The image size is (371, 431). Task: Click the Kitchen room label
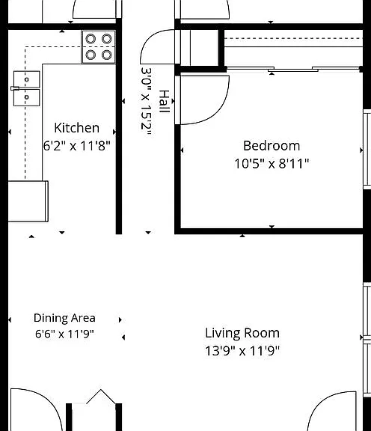[77, 128]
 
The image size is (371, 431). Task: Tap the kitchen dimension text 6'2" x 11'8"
[77, 145]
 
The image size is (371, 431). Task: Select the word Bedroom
[272, 146]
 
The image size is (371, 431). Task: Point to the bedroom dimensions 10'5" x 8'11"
[272, 164]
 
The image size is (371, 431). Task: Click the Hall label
[164, 101]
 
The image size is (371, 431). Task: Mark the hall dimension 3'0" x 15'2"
[146, 101]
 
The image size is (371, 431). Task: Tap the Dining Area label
[64, 318]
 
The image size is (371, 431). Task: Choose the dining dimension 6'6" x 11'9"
[64, 334]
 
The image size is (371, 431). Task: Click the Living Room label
[242, 333]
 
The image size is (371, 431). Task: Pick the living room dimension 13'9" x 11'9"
[242, 351]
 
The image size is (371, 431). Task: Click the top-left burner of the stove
[91, 39]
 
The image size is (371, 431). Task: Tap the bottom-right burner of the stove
[107, 55]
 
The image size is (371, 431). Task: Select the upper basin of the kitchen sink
[27, 79]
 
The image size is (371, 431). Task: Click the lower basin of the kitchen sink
[27, 97]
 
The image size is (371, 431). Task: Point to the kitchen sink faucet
[15, 88]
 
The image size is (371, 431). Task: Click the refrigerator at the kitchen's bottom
[28, 201]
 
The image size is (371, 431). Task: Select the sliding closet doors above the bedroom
[293, 69]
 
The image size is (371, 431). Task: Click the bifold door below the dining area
[100, 397]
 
